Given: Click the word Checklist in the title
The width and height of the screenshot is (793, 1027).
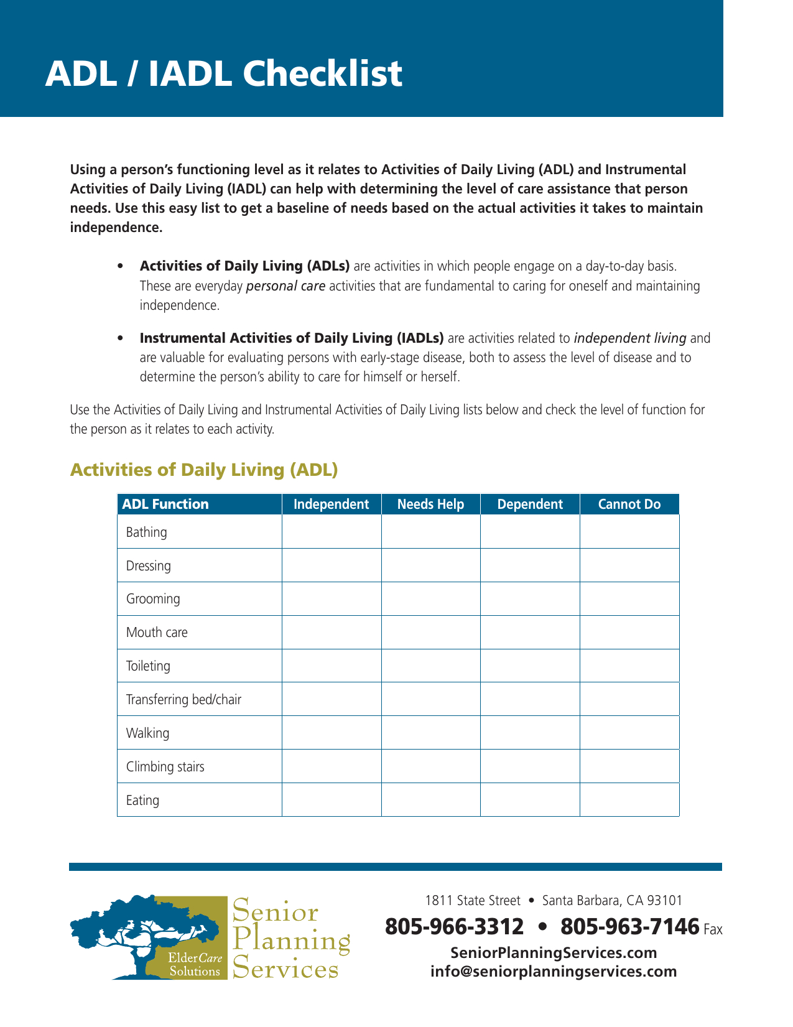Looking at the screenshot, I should coord(322,73).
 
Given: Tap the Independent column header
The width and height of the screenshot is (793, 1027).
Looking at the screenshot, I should coord(331,504).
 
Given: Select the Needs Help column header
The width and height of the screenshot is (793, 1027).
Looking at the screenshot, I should coord(430,504).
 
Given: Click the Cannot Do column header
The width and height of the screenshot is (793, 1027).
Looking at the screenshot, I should coord(629,504).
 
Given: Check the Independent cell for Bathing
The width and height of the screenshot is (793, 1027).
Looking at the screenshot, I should coord(332,532).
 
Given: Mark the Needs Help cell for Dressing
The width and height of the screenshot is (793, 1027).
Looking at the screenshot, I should coord(430,565).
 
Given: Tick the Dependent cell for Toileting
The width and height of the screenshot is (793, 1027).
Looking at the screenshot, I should coord(530,666).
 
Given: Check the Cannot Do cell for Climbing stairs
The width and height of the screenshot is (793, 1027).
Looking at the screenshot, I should coord(629,766).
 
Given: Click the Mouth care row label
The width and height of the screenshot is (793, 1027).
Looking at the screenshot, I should coord(157,633).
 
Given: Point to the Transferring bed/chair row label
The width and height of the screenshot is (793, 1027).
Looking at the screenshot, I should coord(183,700).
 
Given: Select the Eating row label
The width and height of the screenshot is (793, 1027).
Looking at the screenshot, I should coord(142,801).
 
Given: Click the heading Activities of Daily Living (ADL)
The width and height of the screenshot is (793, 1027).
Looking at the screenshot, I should coord(204,470).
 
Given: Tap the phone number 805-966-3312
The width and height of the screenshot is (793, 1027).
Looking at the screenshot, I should coord(454,927).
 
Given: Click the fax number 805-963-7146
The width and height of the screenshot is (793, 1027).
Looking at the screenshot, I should coord(629,927).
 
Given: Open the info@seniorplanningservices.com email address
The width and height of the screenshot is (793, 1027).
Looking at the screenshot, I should coord(554,972).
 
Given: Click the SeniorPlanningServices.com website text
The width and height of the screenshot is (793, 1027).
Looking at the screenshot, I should coord(554,953).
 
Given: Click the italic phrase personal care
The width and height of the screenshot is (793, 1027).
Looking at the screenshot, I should coord(285,286).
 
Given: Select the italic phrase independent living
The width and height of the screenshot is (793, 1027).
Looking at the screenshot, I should coord(629,338).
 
